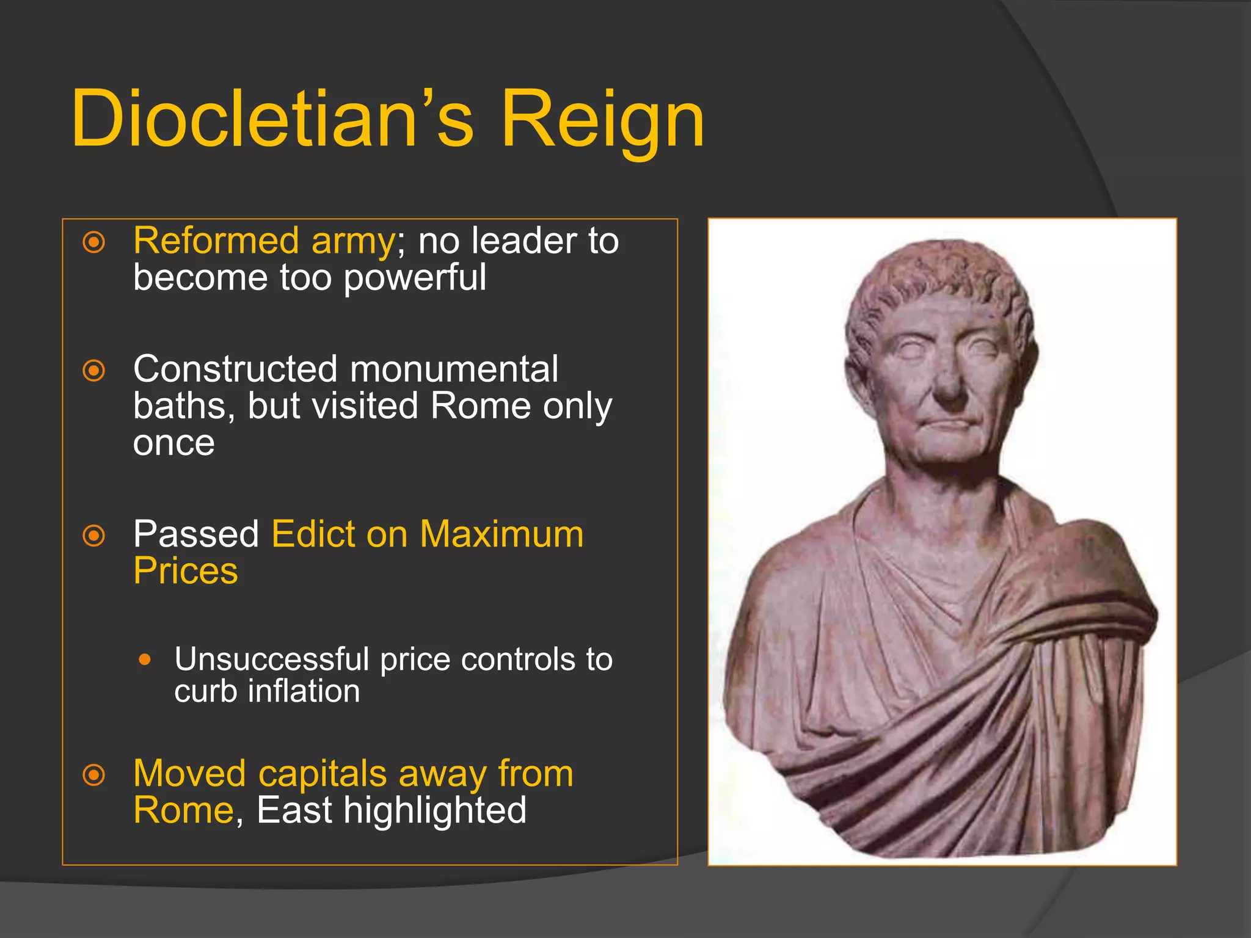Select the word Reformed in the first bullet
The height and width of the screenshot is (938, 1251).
[x=216, y=241]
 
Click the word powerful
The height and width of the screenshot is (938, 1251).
[x=415, y=278]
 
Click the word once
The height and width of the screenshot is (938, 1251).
[x=174, y=443]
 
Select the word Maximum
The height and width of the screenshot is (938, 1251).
[x=501, y=534]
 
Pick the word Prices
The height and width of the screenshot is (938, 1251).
[x=186, y=572]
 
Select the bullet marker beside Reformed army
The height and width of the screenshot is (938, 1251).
[x=94, y=242]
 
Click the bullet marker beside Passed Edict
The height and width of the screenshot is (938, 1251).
[x=94, y=536]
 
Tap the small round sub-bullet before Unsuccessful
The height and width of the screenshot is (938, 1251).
[x=145, y=660]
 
